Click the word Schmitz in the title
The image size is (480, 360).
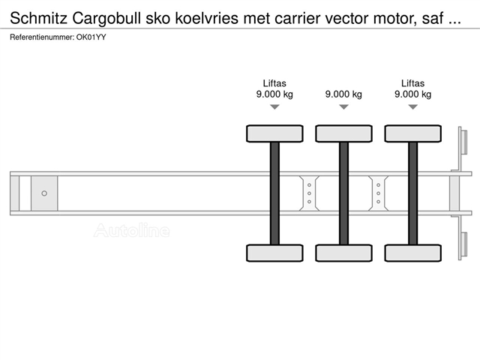(x=38, y=19)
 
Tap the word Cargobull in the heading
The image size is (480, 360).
(x=106, y=19)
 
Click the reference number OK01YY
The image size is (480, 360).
(x=91, y=37)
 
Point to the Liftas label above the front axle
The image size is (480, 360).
(x=274, y=83)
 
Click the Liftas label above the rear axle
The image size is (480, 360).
(x=413, y=83)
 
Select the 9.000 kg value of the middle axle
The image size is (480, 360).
(x=343, y=94)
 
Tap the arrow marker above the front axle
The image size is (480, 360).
(x=274, y=106)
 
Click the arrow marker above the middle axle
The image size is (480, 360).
(x=343, y=106)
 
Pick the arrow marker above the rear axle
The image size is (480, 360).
(x=413, y=106)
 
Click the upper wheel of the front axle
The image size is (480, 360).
(x=274, y=133)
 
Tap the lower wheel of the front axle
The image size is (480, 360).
(x=274, y=253)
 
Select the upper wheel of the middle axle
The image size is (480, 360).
(x=343, y=133)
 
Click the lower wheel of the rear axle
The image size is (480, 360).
(x=413, y=253)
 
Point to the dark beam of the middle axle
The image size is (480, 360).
(x=343, y=193)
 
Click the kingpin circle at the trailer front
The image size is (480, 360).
(x=44, y=193)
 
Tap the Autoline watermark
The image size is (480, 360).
(x=132, y=230)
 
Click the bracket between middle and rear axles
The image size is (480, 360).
(x=378, y=193)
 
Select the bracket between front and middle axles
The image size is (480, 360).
(x=309, y=193)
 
